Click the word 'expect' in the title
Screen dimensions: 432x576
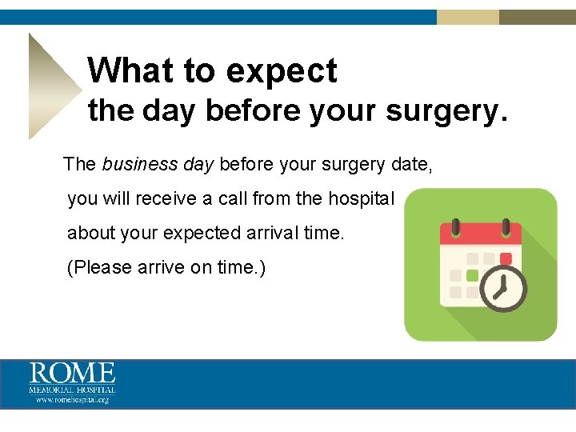coord(282,71)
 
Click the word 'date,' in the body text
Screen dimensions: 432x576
coord(414,165)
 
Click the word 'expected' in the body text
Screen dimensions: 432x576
coord(202,233)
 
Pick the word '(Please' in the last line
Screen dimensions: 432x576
coord(96,267)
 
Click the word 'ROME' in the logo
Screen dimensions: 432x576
coord(73,374)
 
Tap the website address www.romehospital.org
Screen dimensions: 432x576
coord(73,398)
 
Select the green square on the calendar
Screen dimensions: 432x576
coord(472,275)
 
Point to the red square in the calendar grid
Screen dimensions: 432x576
coord(505,258)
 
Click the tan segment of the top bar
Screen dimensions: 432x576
coord(468,17)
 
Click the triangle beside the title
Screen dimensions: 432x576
coord(50,86)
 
